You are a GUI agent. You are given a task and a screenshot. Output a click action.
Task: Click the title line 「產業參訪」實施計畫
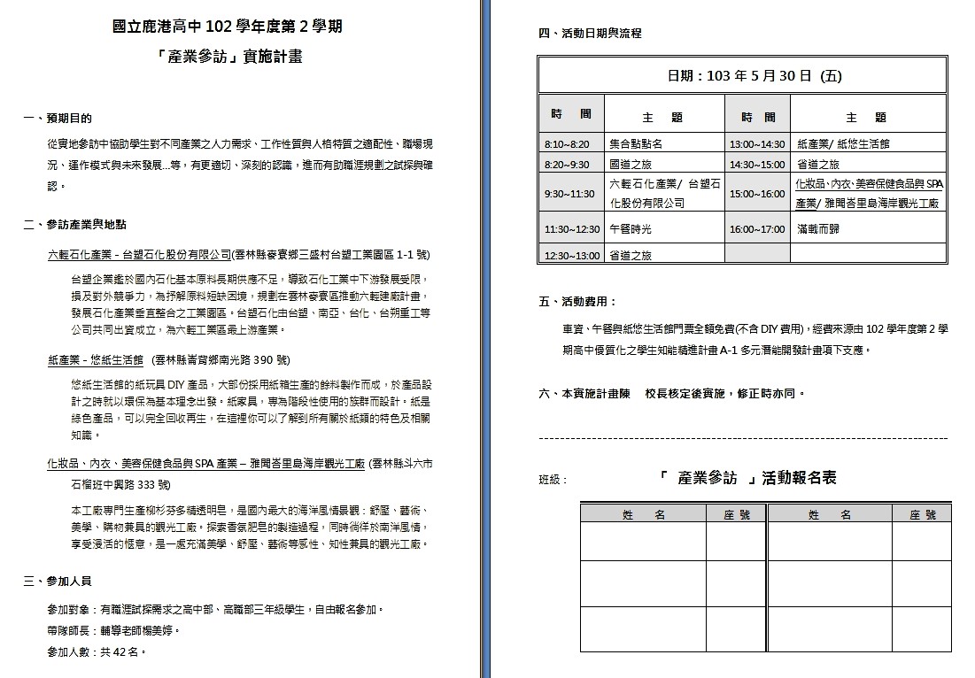tap(228, 57)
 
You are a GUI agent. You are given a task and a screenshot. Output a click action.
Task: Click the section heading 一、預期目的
tap(58, 118)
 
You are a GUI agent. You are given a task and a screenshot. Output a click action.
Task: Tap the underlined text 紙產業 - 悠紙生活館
tap(96, 360)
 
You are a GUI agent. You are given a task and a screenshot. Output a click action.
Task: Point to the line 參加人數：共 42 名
tap(97, 651)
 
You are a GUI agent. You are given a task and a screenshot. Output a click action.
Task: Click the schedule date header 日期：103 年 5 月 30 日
tap(742, 76)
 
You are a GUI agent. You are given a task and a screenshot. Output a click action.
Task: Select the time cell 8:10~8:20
tap(567, 143)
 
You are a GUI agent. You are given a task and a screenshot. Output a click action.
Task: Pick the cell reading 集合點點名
tap(636, 143)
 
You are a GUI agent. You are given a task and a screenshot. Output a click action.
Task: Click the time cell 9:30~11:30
tap(569, 194)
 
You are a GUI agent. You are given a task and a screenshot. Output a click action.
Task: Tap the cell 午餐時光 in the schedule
tap(631, 229)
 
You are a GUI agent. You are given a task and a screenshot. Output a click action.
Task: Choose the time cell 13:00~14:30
tap(757, 143)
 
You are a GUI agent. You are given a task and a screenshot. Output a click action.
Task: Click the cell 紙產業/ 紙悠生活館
tap(843, 143)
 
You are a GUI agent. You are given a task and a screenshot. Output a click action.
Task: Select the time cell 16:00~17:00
tap(757, 229)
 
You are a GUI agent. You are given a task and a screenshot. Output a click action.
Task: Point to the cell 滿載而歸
tap(818, 229)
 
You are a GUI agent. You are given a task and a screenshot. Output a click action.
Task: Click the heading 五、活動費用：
tap(578, 302)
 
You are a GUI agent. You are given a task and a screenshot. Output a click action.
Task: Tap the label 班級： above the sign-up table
tap(553, 480)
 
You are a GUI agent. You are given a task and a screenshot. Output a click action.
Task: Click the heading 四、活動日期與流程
tap(590, 34)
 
